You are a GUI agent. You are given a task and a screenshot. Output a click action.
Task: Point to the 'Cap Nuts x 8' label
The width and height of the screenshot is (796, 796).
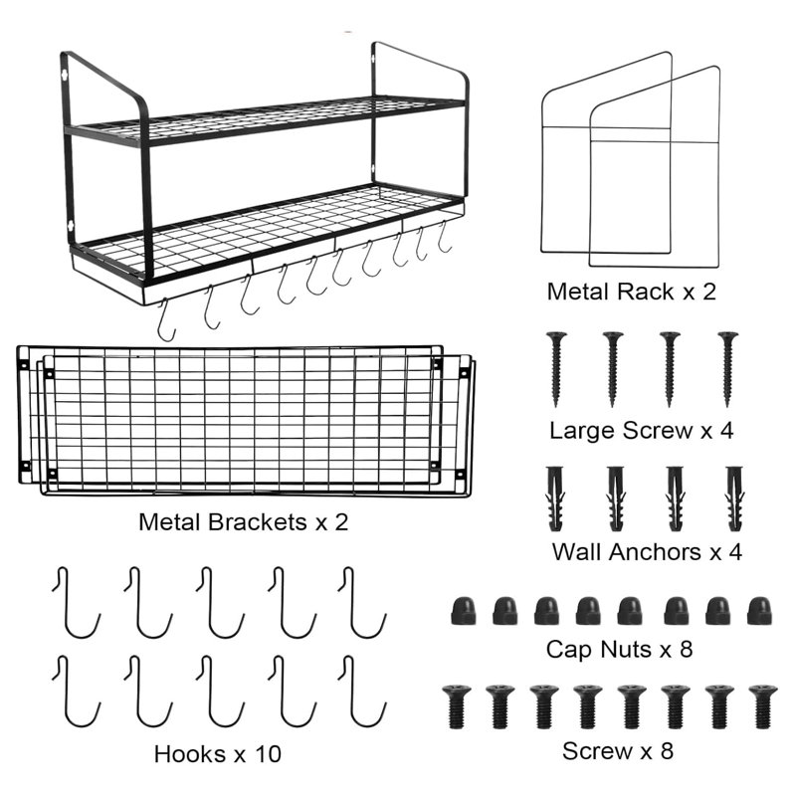pyautogui.click(x=619, y=650)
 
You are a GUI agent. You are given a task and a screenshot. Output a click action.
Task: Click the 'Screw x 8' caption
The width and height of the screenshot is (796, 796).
pyautogui.click(x=618, y=750)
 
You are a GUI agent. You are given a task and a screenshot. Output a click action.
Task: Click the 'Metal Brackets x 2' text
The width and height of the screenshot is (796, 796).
pyautogui.click(x=244, y=520)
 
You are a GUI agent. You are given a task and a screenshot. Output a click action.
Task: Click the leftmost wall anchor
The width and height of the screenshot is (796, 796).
pyautogui.click(x=555, y=497)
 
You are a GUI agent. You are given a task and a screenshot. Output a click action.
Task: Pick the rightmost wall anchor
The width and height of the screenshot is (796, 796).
pyautogui.click(x=735, y=497)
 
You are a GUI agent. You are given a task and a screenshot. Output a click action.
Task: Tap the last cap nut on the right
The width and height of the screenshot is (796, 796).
pyautogui.click(x=760, y=610)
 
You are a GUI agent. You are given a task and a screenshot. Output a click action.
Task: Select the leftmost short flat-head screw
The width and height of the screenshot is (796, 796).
pyautogui.click(x=456, y=706)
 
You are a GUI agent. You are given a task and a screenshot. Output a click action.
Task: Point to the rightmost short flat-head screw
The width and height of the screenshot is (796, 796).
pyautogui.click(x=762, y=706)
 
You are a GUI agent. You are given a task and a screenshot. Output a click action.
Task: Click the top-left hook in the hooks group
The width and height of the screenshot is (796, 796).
pyautogui.click(x=76, y=602)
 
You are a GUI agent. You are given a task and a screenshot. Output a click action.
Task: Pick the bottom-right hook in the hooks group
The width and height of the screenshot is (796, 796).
pyautogui.click(x=361, y=690)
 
